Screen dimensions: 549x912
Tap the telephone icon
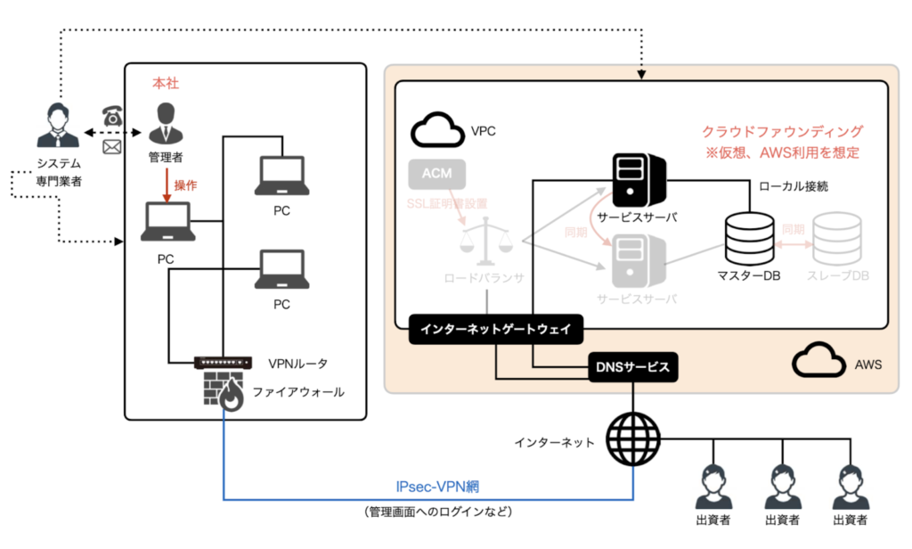pos(112,115)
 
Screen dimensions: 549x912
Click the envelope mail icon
pos(112,147)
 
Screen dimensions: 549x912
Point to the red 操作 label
pos(185,184)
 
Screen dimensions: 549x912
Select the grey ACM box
pos(437,174)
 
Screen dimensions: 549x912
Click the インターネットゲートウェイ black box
pos(496,330)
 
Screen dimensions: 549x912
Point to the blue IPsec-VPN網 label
pos(438,488)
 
